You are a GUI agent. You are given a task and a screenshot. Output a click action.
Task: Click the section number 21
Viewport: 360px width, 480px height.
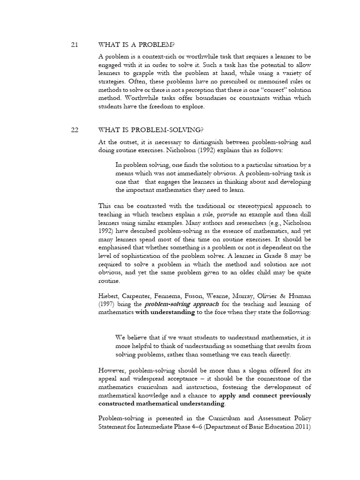[74, 45]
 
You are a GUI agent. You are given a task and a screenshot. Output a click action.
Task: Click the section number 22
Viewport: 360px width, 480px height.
[74, 130]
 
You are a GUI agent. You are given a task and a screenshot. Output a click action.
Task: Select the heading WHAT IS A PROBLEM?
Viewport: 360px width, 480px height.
[136, 45]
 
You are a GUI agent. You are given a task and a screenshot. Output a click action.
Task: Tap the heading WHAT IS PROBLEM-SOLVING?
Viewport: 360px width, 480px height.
[151, 130]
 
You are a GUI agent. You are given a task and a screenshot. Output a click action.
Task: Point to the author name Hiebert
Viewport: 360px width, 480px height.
[112, 296]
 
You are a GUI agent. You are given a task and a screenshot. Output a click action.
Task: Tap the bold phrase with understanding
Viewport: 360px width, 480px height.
[165, 313]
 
